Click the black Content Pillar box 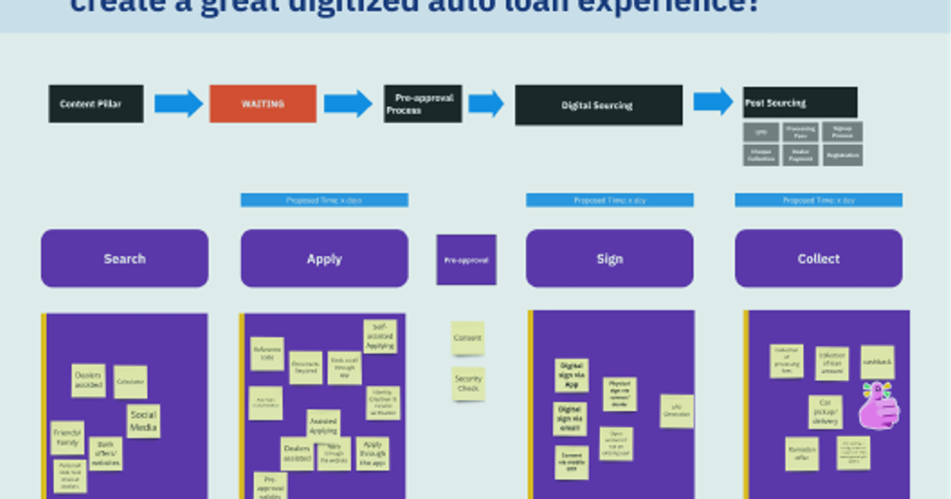96,104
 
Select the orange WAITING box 262,104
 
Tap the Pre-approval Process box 422,104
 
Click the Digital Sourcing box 598,105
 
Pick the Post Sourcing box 800,103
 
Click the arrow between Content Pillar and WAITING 178,104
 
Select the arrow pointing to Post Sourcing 712,101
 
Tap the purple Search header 124,258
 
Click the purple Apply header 324,258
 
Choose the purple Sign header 609,258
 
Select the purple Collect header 818,258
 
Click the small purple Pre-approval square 466,260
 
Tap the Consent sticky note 468,338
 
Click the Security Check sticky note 468,383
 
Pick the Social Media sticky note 143,421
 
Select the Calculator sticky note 130,382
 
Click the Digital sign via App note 571,375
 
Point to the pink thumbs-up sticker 879,406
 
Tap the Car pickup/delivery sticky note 825,412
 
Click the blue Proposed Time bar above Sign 609,200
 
